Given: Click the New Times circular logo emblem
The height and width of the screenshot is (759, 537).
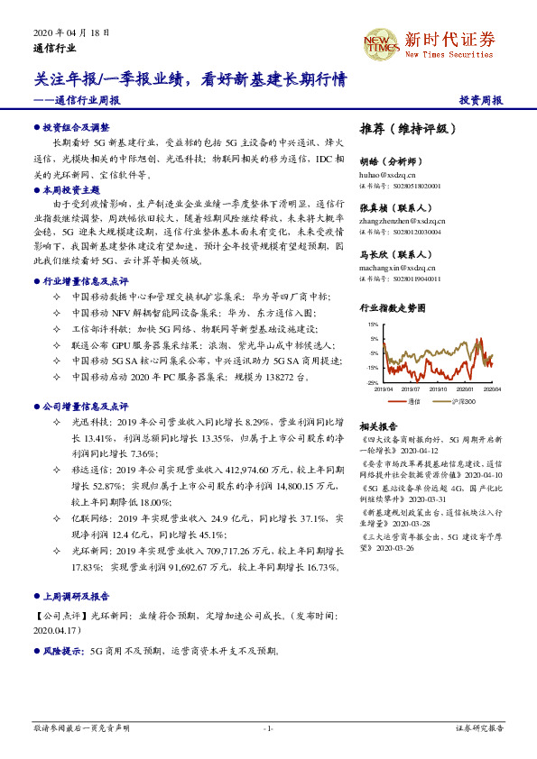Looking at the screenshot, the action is tap(381, 42).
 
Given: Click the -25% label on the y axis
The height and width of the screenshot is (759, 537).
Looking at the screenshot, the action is tap(373, 383).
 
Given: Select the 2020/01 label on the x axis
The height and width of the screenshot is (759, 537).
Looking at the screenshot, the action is tap(466, 389).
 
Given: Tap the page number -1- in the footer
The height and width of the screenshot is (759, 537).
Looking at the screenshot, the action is tap(267, 727).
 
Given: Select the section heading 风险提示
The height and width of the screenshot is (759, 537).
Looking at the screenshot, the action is tap(62, 649).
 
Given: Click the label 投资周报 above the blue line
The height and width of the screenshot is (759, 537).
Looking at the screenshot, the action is tap(480, 101).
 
